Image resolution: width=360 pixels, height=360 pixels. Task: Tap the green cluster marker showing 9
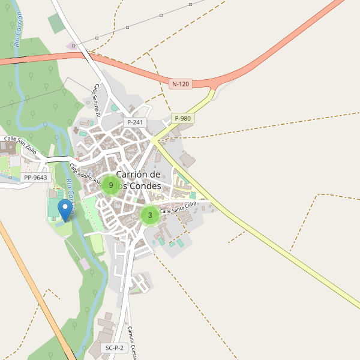111,185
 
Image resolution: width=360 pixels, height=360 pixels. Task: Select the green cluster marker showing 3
150,215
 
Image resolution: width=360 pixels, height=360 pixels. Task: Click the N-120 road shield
180,84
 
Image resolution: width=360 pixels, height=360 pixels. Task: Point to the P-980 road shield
182,118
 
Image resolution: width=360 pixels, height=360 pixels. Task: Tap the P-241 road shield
135,122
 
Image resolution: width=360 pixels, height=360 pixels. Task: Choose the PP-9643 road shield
35,178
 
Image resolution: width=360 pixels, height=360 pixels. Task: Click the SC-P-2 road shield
114,348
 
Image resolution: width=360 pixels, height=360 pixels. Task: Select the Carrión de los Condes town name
138,180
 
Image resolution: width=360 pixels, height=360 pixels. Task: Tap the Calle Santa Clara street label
178,208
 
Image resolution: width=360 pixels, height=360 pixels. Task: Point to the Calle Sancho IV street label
100,100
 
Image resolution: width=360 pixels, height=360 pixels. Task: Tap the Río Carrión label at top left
20,30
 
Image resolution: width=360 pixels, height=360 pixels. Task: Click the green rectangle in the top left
55,23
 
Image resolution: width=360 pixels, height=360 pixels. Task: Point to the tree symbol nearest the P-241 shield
115,108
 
